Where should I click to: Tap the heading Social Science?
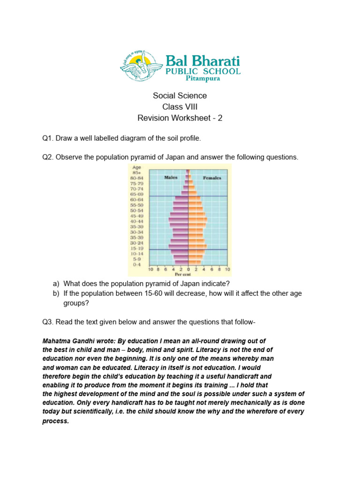(x=180, y=96)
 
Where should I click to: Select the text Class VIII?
(x=180, y=107)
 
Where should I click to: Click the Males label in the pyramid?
(x=172, y=178)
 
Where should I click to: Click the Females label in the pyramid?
(x=212, y=178)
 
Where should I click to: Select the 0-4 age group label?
(x=136, y=265)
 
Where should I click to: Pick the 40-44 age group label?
(x=136, y=221)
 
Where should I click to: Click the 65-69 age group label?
(x=136, y=194)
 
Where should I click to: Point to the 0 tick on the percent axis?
(x=188, y=270)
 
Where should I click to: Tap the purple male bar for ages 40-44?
(x=179, y=221)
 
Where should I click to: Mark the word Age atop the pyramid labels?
(x=136, y=167)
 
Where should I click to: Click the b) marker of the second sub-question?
(x=56, y=293)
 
